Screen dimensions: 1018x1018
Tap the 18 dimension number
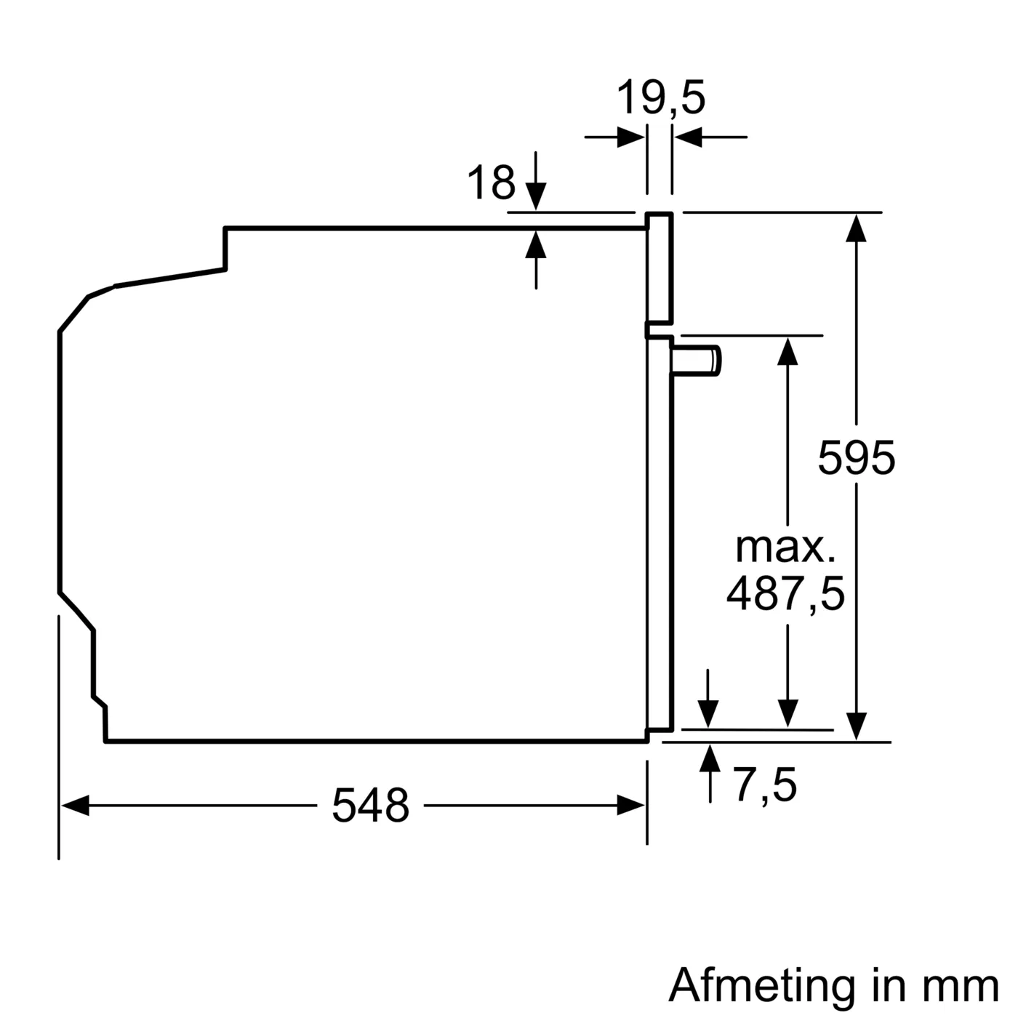coord(491,183)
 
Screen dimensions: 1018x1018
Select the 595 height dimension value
coord(856,458)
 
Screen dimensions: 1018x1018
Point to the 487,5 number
coord(785,593)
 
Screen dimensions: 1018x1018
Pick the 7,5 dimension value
coord(764,785)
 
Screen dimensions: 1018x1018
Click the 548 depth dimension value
coord(370,806)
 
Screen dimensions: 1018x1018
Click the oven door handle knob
coord(698,361)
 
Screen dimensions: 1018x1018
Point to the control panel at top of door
coord(659,268)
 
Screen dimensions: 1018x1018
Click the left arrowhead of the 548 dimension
coord(75,806)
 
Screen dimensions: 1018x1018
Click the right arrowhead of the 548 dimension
coord(630,806)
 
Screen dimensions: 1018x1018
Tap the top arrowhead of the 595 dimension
coord(857,228)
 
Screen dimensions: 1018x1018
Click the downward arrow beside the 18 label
coord(536,195)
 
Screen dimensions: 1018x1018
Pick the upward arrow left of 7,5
coord(710,758)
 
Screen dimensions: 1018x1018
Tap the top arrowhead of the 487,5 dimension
coord(787,351)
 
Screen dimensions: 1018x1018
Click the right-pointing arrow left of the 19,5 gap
coord(630,137)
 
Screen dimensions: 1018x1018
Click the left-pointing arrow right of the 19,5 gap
coord(689,137)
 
